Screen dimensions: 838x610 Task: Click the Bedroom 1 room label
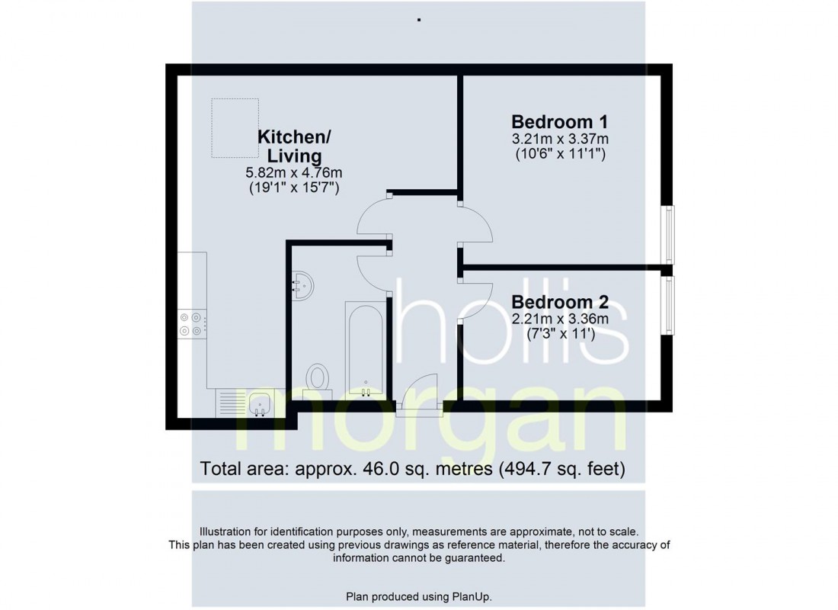[560, 122]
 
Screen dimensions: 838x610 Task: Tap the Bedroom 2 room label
[560, 302]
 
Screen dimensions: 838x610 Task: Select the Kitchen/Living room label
[295, 146]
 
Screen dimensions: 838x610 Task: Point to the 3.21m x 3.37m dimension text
[560, 139]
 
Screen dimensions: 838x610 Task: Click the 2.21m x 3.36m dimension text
[560, 319]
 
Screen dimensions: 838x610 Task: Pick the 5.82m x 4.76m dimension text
[294, 173]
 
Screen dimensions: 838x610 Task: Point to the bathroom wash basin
[302, 285]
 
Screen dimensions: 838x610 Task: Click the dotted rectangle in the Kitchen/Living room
[235, 128]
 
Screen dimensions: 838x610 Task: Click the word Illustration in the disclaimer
[225, 532]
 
